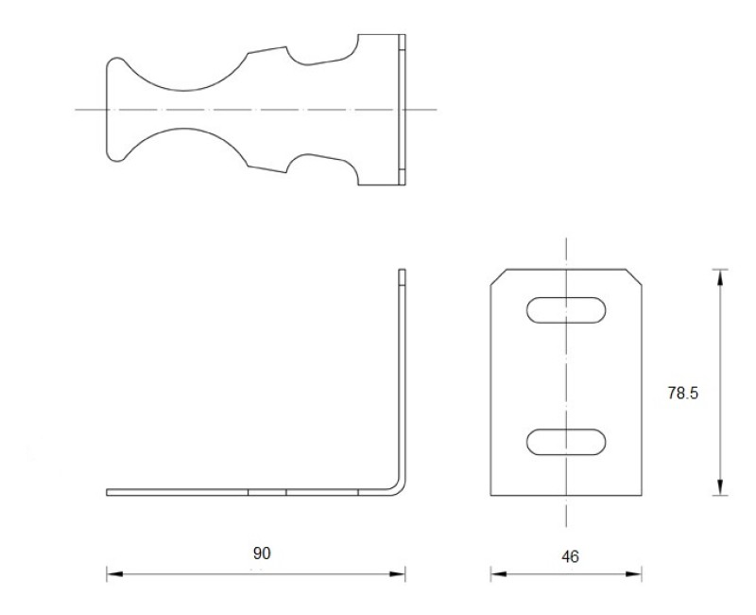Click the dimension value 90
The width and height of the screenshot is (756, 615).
[262, 553]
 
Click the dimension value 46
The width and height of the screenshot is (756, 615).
[570, 557]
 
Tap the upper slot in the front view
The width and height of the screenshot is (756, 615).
[567, 310]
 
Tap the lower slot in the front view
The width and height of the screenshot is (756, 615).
[567, 442]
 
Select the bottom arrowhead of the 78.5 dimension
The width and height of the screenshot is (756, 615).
[721, 488]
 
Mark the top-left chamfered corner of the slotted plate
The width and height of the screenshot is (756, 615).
[498, 276]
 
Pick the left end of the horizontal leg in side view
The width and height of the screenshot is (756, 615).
[109, 492]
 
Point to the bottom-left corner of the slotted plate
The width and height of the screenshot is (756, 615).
[490, 495]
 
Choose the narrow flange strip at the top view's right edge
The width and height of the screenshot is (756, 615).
[402, 109]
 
